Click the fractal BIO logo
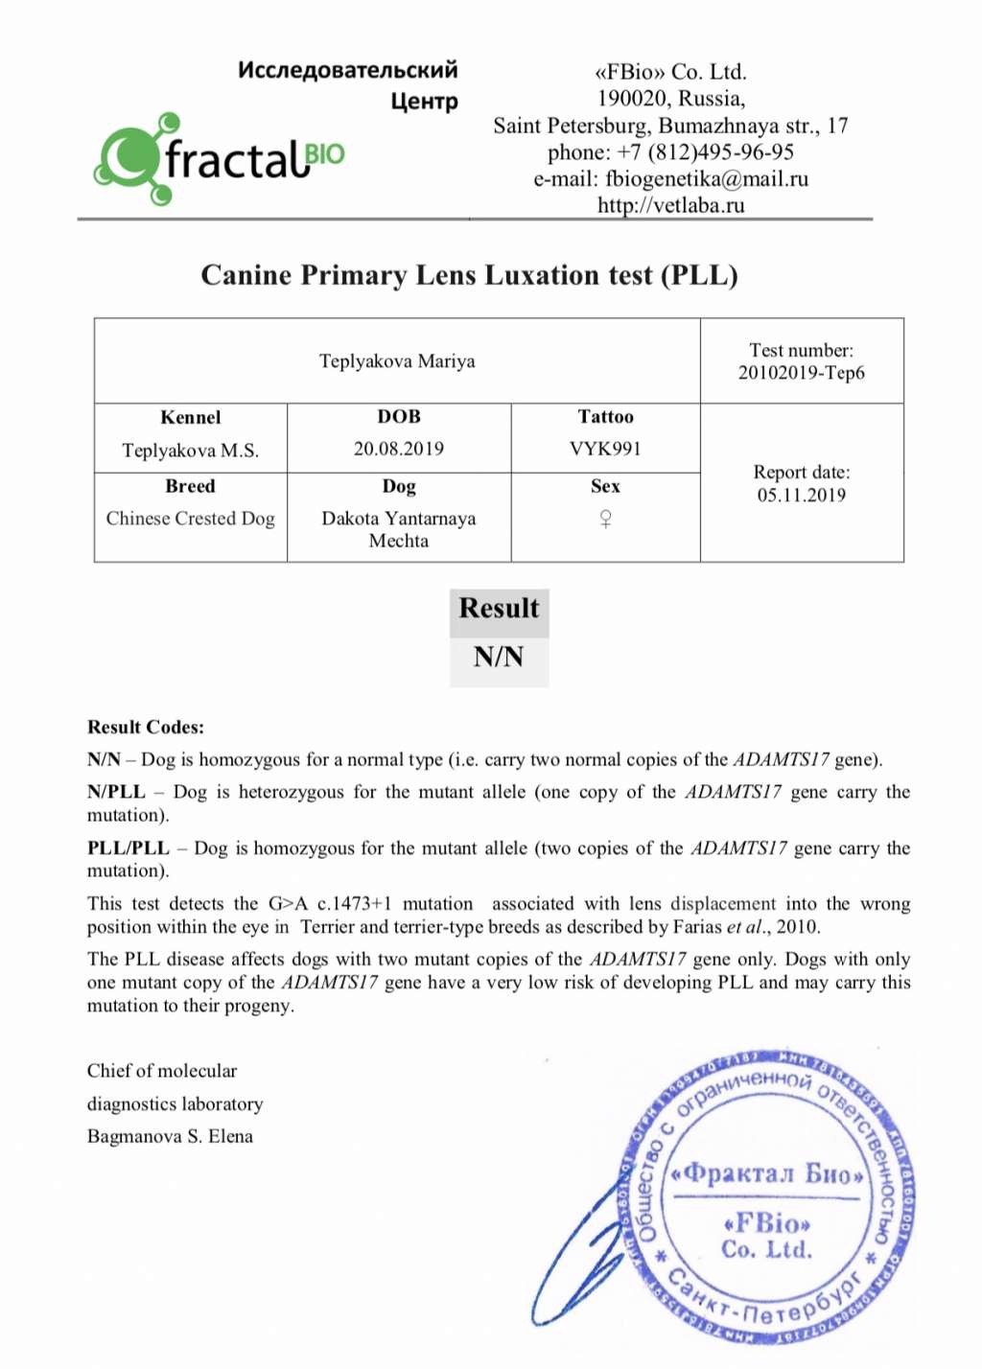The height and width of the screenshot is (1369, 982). pos(219,159)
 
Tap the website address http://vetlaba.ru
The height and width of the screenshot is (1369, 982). pos(670,205)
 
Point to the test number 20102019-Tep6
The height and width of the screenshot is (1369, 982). pos(801,373)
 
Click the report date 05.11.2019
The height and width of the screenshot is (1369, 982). pos(801,496)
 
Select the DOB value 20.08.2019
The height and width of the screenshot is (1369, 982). pos(398,449)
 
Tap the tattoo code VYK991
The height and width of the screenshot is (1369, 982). pos(605,449)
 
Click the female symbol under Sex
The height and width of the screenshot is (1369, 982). pos(605,519)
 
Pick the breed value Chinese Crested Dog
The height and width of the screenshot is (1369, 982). pos(190,519)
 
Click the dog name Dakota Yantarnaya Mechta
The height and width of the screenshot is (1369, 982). pos(398,529)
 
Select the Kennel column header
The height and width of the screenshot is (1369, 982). pos(190,417)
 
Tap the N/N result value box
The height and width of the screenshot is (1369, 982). pos(499,658)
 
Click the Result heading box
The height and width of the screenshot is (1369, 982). pos(499,609)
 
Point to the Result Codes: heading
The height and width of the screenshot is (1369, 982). pos(146,727)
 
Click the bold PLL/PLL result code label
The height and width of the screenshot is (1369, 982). pos(129,848)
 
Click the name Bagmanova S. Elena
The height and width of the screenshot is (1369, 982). pos(170,1136)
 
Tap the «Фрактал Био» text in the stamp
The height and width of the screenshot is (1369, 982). pos(767,1173)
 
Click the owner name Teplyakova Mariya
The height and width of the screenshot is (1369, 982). pos(397,361)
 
